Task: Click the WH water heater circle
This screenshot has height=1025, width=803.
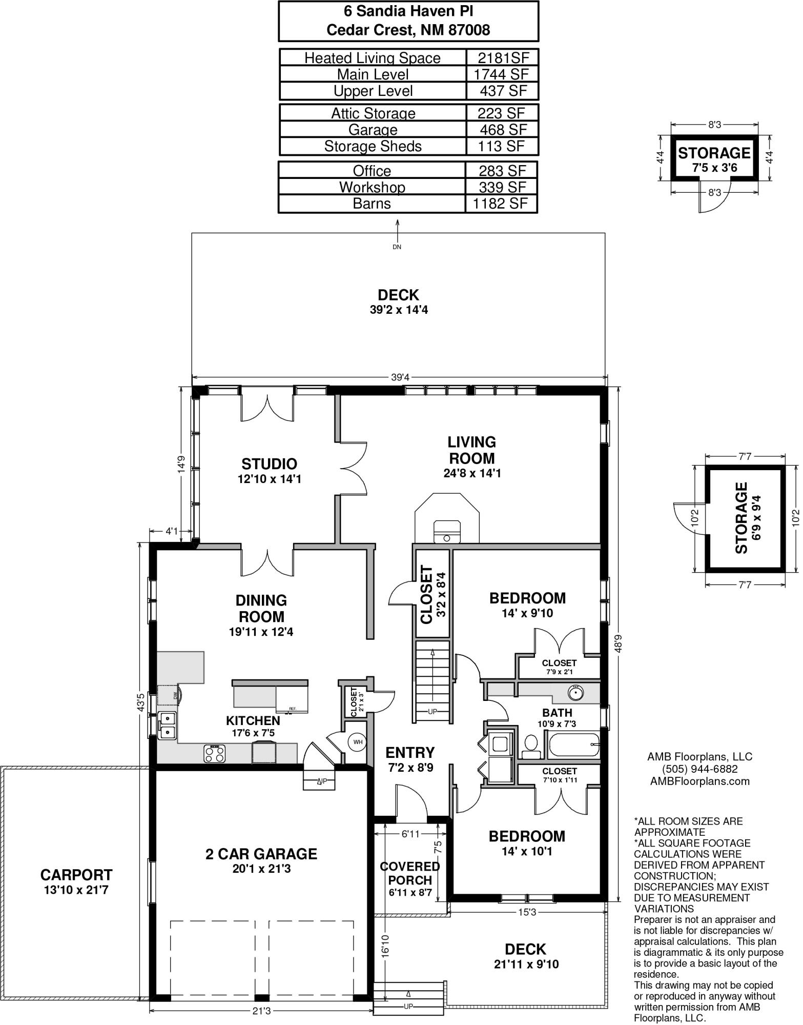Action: coord(357,741)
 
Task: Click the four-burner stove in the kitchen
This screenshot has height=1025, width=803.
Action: coord(215,753)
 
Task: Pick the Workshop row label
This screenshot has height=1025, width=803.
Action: coord(372,187)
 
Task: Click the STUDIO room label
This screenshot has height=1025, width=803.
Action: coord(269,464)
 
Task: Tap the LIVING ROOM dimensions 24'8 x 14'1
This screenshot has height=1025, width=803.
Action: coord(471,473)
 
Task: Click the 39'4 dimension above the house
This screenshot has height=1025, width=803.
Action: coord(400,378)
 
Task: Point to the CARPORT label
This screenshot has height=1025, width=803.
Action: coord(76,875)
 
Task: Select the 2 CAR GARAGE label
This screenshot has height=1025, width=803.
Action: coord(261,854)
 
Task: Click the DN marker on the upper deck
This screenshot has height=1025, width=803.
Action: coord(397,247)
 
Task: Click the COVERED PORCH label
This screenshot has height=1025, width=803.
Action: coord(409,873)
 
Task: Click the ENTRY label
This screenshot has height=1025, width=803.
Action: coord(410,753)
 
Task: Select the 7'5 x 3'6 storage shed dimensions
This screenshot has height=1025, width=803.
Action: coord(714,168)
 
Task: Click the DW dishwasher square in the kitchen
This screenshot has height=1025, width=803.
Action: coord(169,695)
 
